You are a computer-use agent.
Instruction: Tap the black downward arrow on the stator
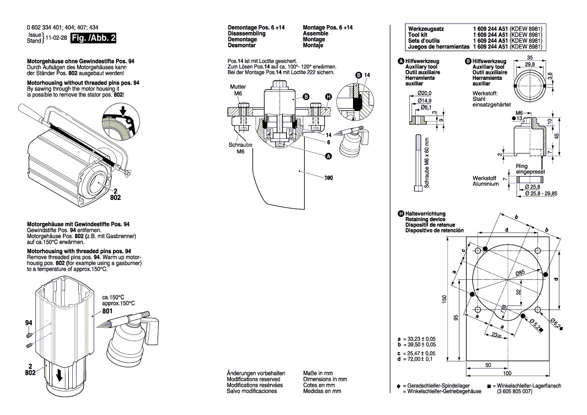click(x=60, y=375)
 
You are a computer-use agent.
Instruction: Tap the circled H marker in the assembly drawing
click(x=328, y=96)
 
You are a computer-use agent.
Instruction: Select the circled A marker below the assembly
click(x=329, y=156)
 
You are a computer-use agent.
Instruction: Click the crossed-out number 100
click(x=329, y=178)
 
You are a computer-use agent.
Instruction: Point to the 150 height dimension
click(x=443, y=298)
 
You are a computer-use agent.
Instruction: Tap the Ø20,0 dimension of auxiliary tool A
click(x=424, y=93)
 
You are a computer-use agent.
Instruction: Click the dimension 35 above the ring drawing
click(x=530, y=57)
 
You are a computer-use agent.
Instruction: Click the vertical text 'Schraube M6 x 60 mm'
click(x=426, y=163)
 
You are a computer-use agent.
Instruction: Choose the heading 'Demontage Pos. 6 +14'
click(x=256, y=28)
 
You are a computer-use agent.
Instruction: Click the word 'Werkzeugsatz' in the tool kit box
click(x=426, y=29)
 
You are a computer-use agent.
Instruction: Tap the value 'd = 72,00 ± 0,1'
click(x=416, y=359)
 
